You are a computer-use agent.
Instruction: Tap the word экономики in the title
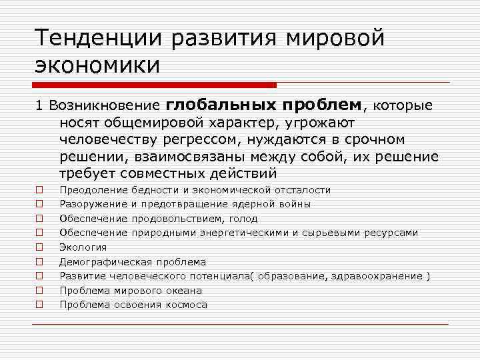[99, 66]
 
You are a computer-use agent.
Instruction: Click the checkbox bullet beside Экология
[40, 247]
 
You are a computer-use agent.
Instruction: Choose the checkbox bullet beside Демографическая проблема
[40, 262]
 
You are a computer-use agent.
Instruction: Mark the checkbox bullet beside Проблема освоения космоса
[40, 305]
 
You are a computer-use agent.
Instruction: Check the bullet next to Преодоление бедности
[40, 190]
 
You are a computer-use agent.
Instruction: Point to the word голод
[245, 219]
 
